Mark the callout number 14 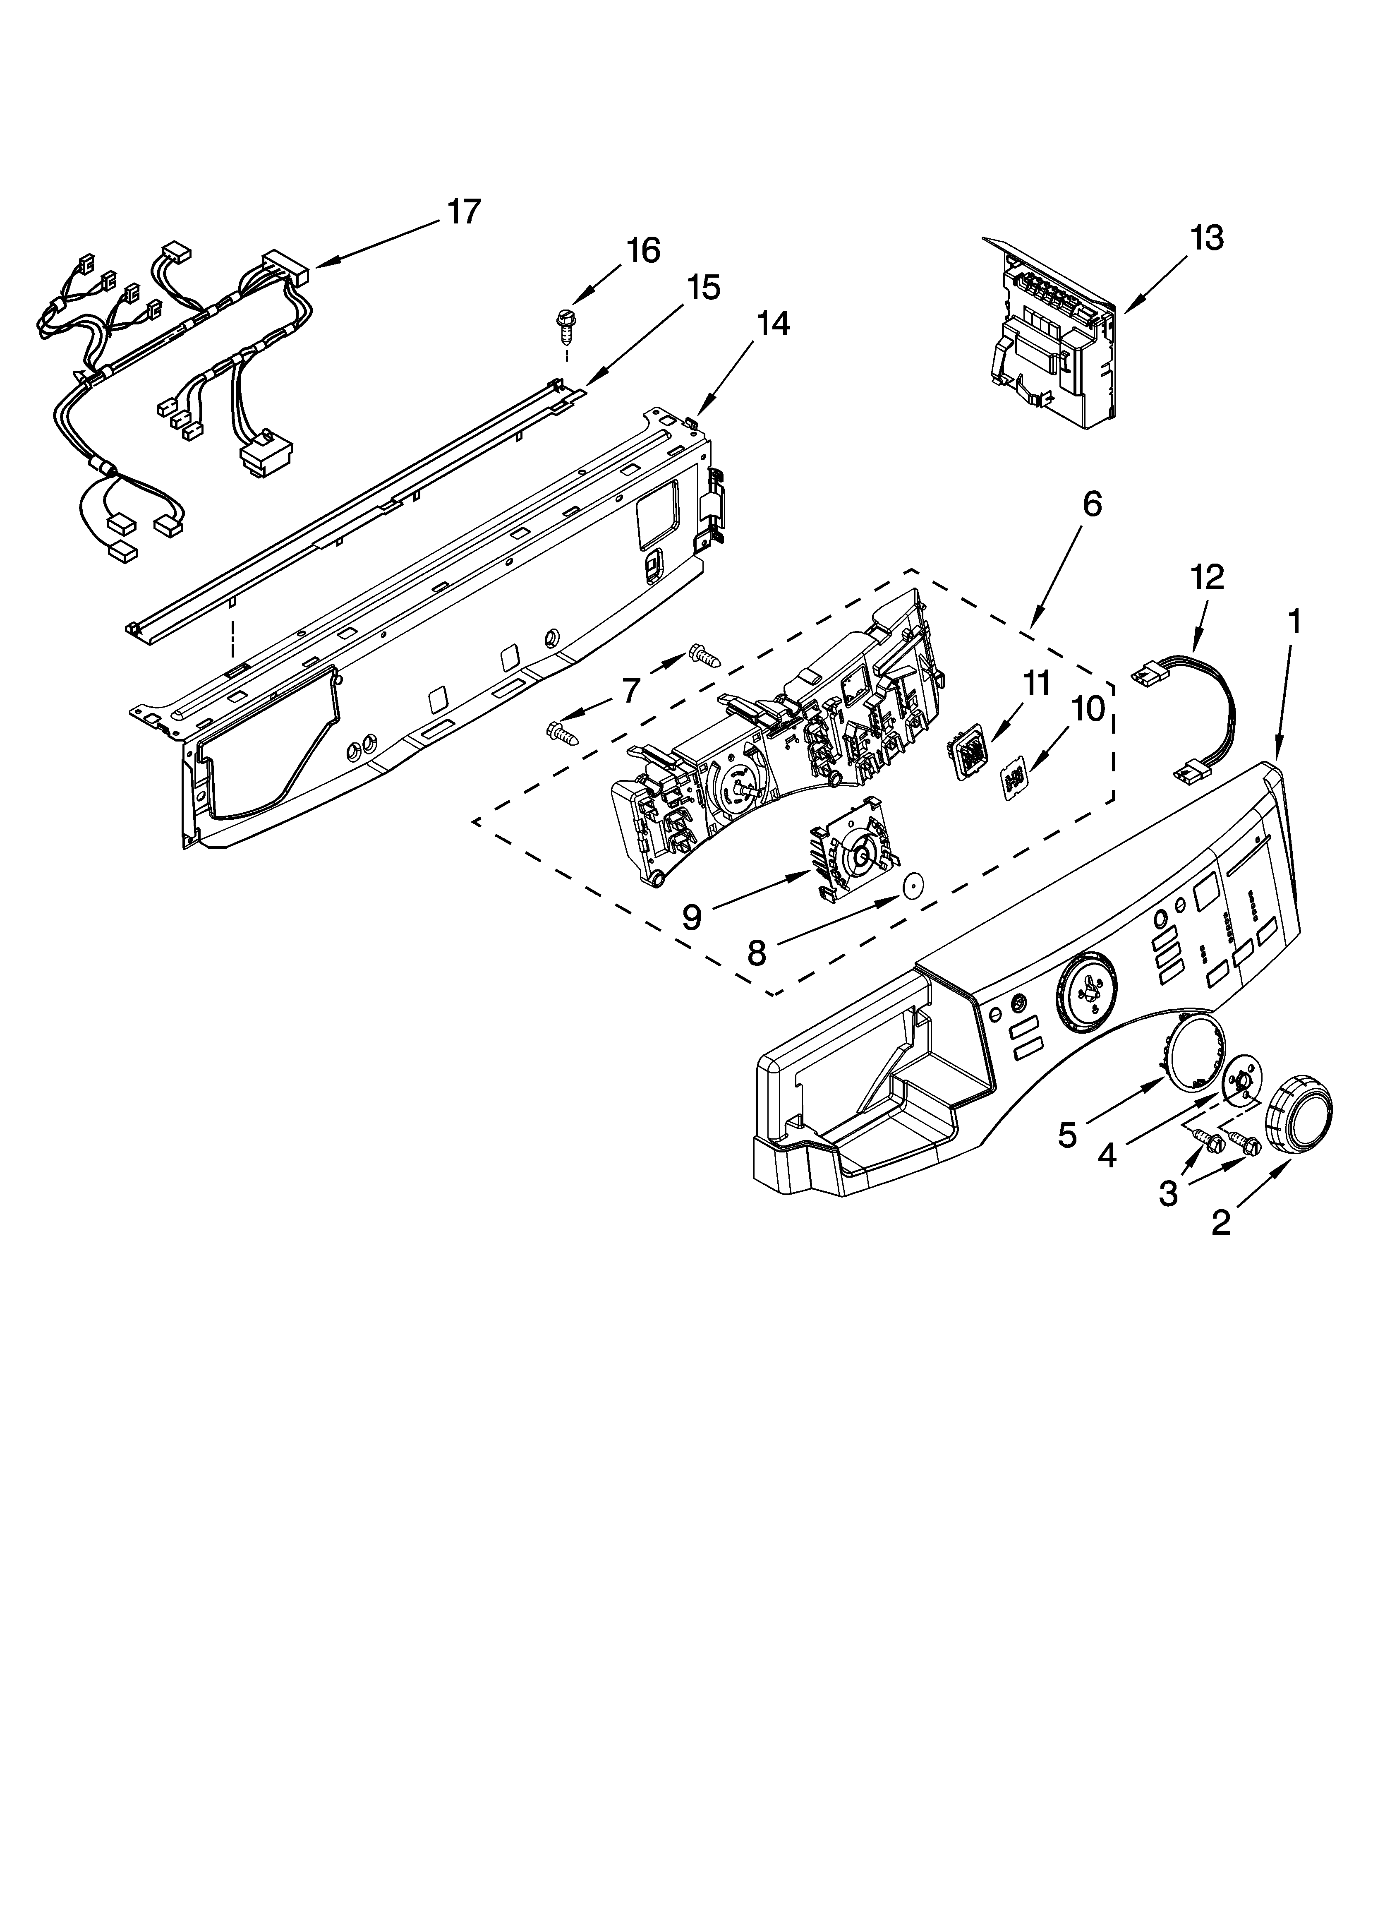773,324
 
